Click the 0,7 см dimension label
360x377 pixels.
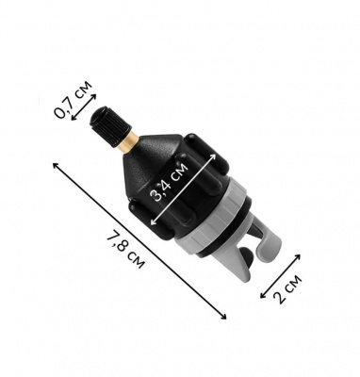click(x=74, y=100)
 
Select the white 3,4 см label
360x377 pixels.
click(x=170, y=182)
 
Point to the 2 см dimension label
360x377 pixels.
click(x=287, y=289)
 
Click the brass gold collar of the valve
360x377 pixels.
click(x=130, y=142)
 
